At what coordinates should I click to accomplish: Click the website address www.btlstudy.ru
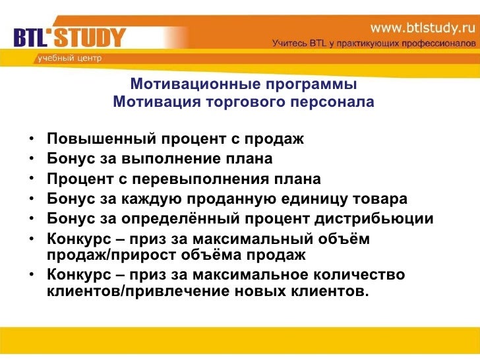pos(422,27)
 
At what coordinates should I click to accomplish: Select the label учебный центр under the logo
pos(69,58)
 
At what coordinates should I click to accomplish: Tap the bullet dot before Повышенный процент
pos(32,140)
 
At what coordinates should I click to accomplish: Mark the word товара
pos(383,199)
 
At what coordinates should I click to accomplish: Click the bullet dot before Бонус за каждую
pos(32,200)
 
